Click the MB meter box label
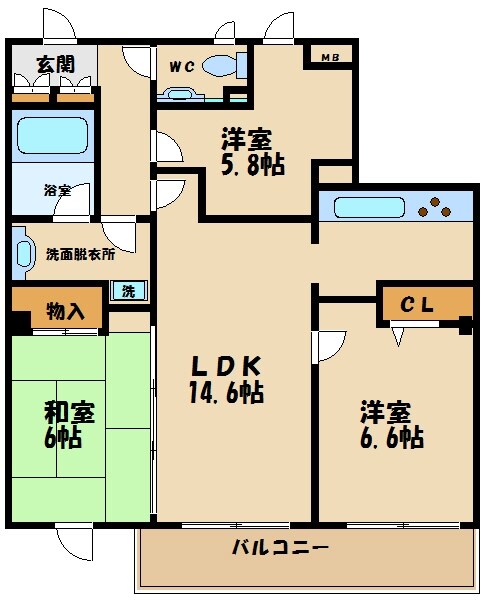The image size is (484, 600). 330,58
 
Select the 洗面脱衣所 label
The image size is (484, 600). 80,254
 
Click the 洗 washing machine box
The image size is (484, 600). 129,291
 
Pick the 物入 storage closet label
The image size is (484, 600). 66,311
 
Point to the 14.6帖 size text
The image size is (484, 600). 227,392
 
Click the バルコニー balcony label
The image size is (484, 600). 281,548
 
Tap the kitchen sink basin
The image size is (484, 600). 369,209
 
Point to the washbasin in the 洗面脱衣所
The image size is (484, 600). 22,254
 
